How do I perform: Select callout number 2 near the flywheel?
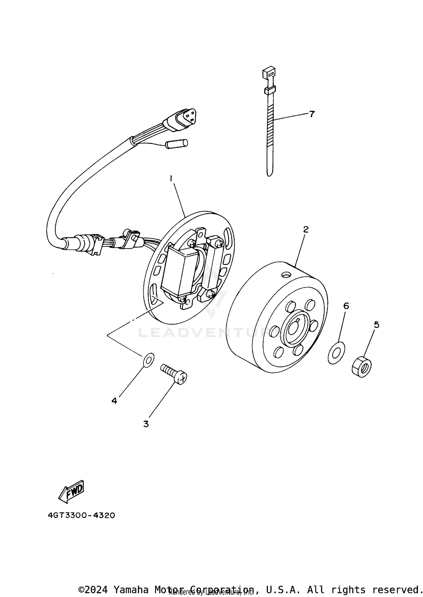coord(306,229)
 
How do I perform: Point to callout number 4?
coord(114,401)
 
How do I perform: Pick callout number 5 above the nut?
coord(376,325)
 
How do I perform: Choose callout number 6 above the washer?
coord(346,306)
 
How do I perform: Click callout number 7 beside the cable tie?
coord(312,114)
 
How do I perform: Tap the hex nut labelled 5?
coord(362,367)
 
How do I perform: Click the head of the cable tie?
coord(268,73)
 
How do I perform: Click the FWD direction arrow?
coord(72,491)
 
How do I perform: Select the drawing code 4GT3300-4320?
coord(81,515)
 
